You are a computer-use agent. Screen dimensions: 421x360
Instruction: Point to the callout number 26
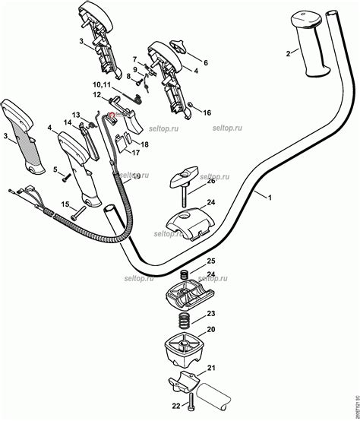click(x=210, y=181)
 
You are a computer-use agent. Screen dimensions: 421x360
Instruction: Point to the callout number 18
click(x=144, y=144)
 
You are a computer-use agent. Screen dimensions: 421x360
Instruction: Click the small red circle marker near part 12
click(x=112, y=114)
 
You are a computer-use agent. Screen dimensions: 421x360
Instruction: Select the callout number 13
click(x=76, y=115)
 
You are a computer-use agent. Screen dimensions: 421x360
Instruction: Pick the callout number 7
click(x=134, y=58)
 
